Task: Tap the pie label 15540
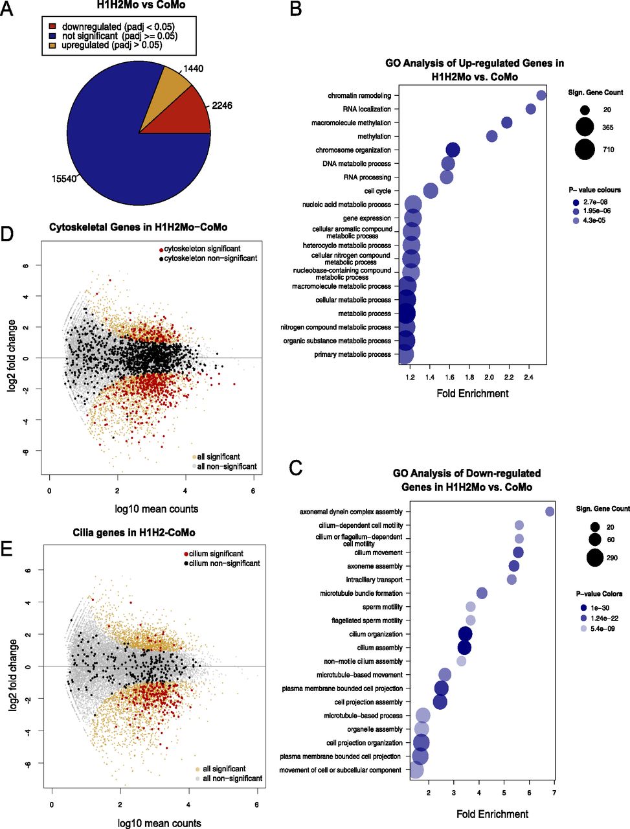(63, 179)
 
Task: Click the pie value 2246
(221, 106)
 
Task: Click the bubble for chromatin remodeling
(541, 96)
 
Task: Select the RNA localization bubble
(531, 109)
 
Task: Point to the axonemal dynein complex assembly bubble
(550, 512)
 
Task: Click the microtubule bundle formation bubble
(482, 593)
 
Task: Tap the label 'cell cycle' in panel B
(377, 191)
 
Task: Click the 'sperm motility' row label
(382, 607)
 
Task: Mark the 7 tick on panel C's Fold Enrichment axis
(554, 792)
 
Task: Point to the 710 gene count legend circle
(585, 150)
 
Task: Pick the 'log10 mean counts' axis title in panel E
(159, 823)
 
